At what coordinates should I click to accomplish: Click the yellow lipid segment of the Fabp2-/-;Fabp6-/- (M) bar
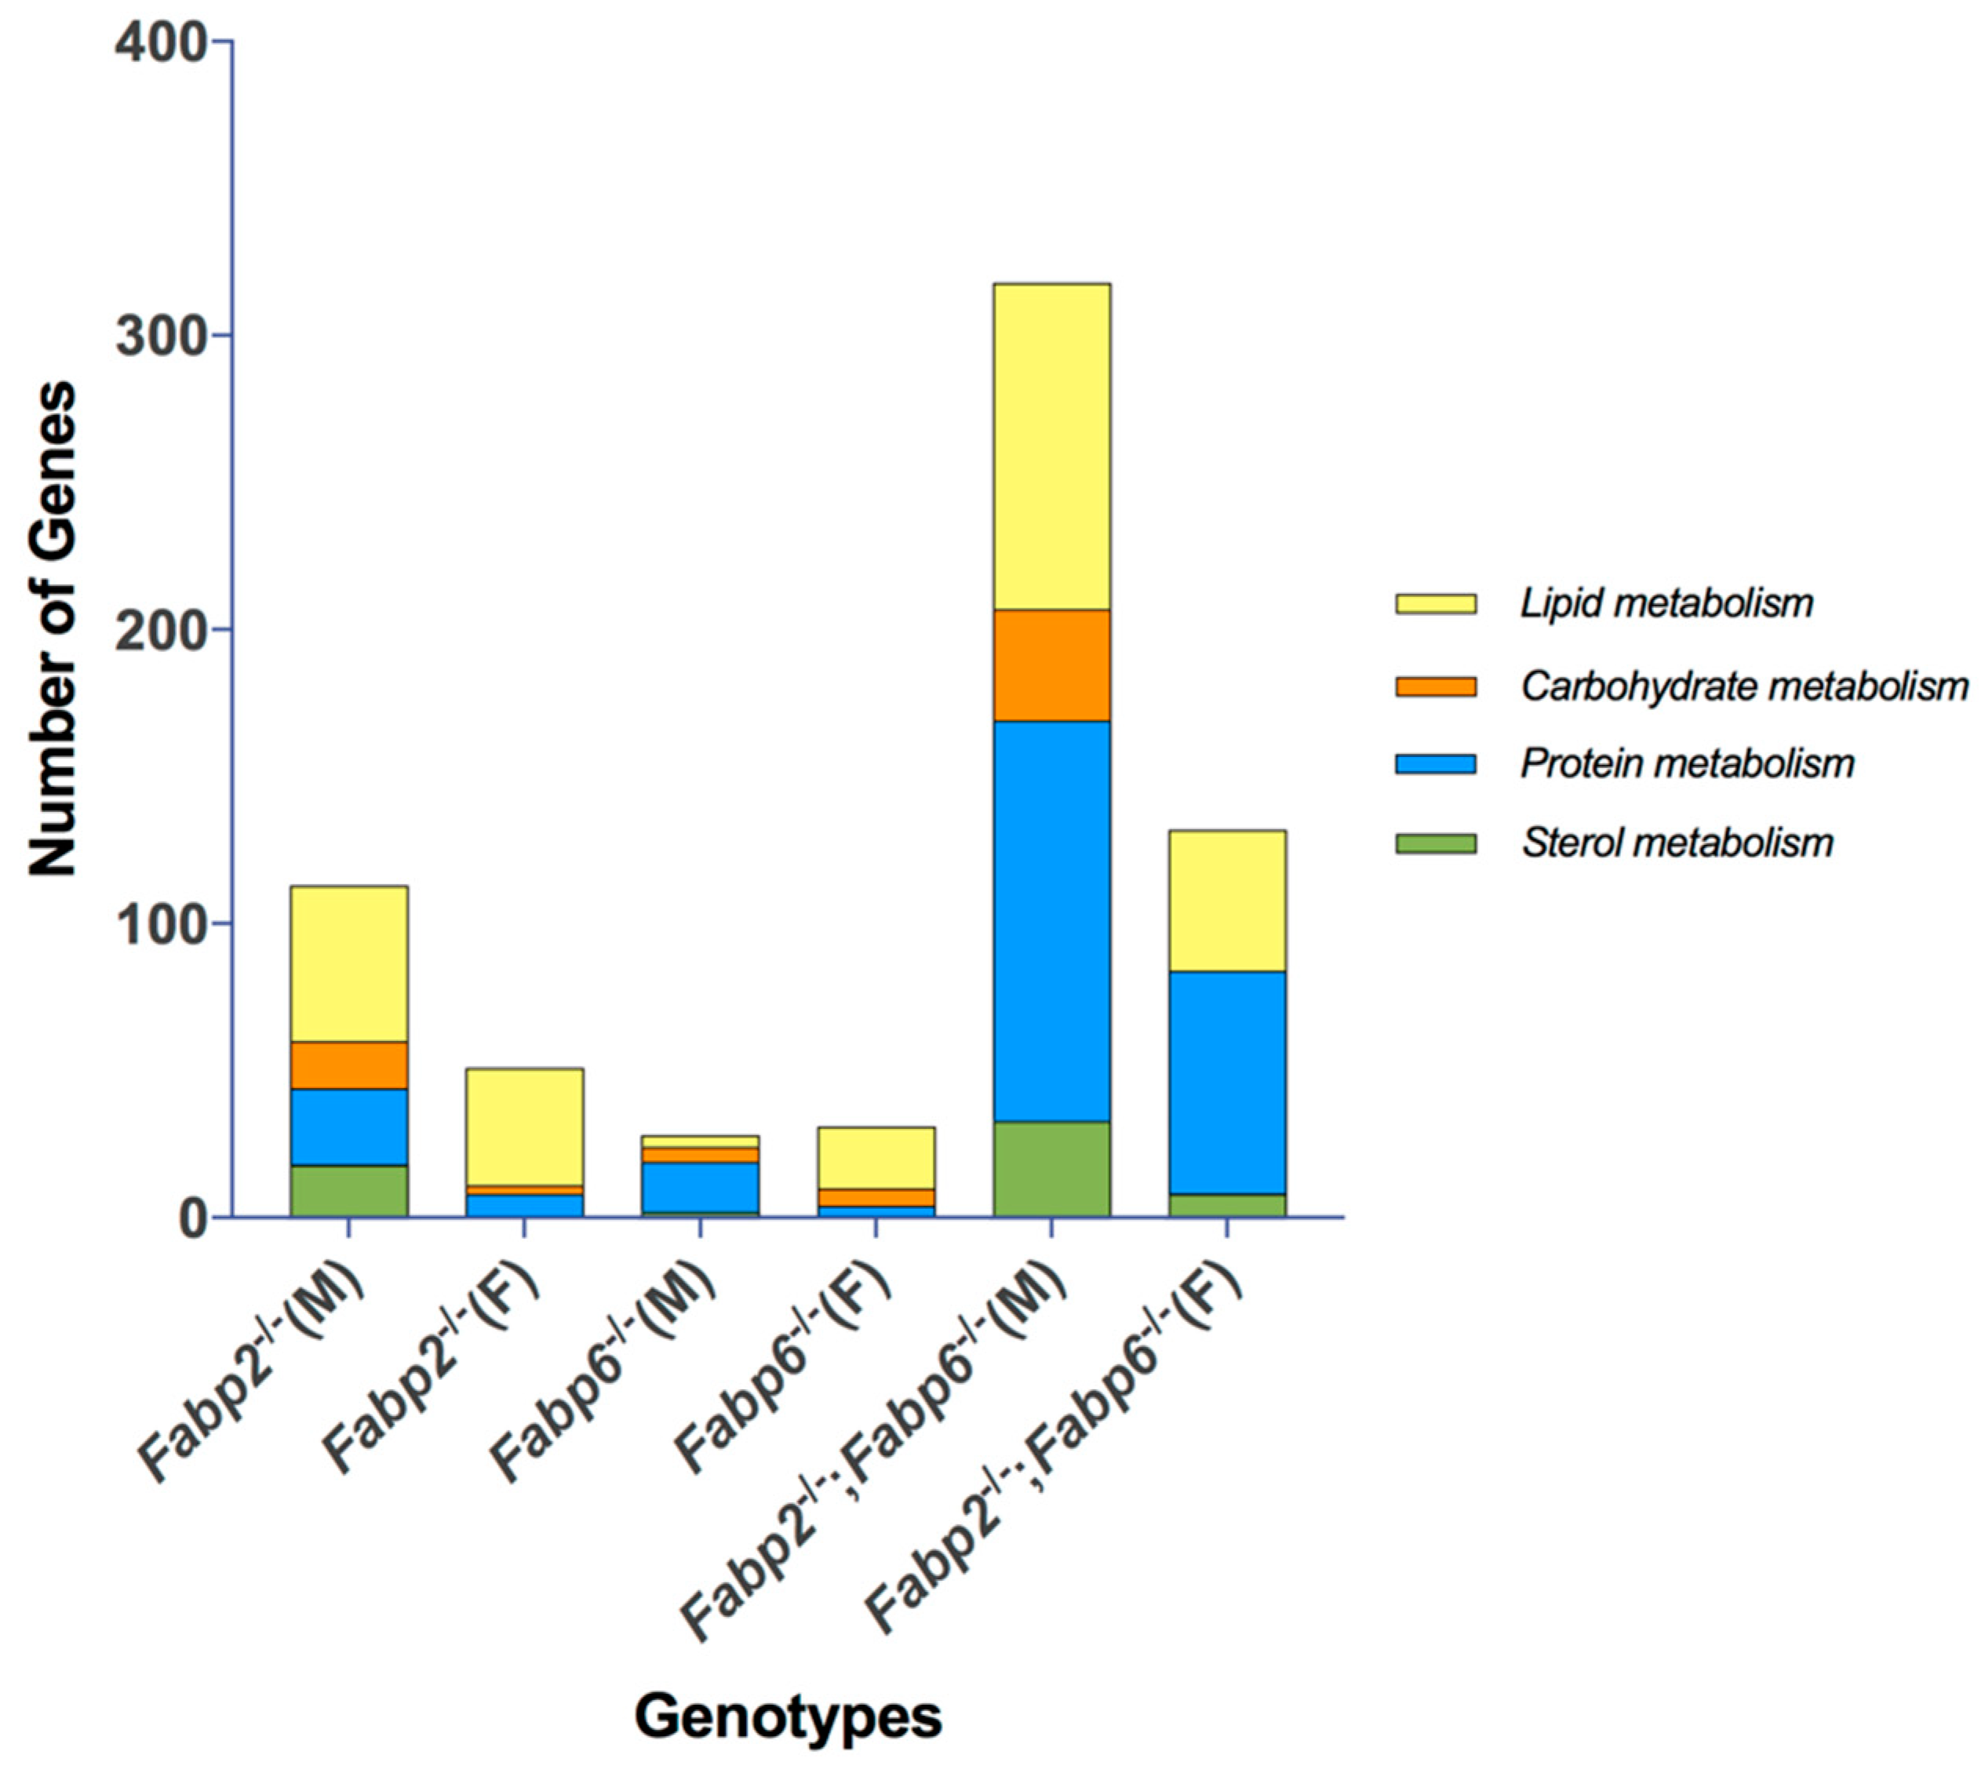[1051, 446]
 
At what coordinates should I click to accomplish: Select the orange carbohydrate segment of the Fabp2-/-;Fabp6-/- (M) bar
[1051, 664]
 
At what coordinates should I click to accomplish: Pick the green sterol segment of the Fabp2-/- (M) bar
[349, 1190]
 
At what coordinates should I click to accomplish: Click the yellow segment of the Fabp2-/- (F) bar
[524, 1126]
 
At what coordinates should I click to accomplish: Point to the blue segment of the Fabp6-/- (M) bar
[700, 1186]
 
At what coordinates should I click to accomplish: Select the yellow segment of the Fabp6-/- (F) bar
[875, 1157]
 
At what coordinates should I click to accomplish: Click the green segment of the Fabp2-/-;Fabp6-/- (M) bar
[1051, 1169]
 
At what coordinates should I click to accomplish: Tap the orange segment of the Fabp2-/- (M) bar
[349, 1065]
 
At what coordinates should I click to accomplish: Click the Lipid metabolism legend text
[1666, 604]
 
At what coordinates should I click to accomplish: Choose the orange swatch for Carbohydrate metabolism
[1435, 686]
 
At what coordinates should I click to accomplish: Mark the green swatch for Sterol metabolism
[1435, 843]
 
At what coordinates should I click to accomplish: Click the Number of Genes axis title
[51, 629]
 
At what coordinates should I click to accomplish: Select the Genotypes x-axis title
[788, 1716]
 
